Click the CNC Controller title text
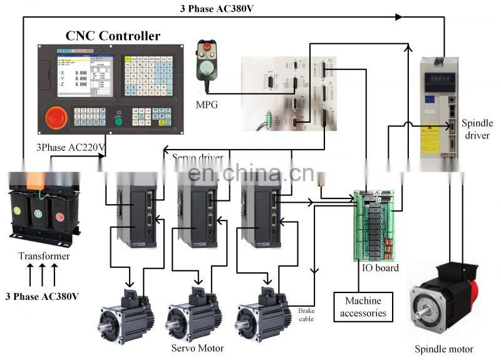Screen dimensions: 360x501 pyautogui.click(x=113, y=36)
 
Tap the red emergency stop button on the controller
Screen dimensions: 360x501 pyautogui.click(x=54, y=116)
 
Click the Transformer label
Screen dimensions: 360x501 pyautogui.click(x=44, y=256)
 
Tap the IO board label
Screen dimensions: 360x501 pyautogui.click(x=380, y=268)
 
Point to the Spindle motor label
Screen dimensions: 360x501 pyautogui.click(x=444, y=349)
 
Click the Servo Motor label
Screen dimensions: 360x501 pyautogui.click(x=197, y=348)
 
